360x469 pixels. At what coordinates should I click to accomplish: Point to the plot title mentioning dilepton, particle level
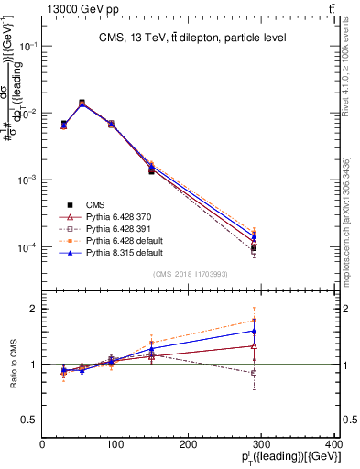pos(192,38)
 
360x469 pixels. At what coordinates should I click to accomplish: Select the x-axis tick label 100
pos(115,445)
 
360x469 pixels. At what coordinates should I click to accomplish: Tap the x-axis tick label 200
pos(189,445)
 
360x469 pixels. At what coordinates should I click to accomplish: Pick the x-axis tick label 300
pos(261,445)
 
